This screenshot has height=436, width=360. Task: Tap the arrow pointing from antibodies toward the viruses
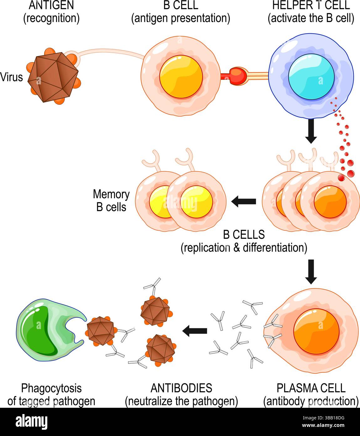pos(195,330)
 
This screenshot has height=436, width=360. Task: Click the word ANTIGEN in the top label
pos(51,5)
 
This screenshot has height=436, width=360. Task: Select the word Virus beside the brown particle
pos(12,77)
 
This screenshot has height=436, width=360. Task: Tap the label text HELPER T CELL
pos(311,5)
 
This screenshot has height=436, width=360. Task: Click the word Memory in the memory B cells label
pos(111,194)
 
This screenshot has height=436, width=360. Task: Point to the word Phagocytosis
pos(51,388)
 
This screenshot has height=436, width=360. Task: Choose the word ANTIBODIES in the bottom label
pos(181,388)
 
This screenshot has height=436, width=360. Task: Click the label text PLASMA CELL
pos(311,388)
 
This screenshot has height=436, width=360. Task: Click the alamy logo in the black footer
pos(31,422)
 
